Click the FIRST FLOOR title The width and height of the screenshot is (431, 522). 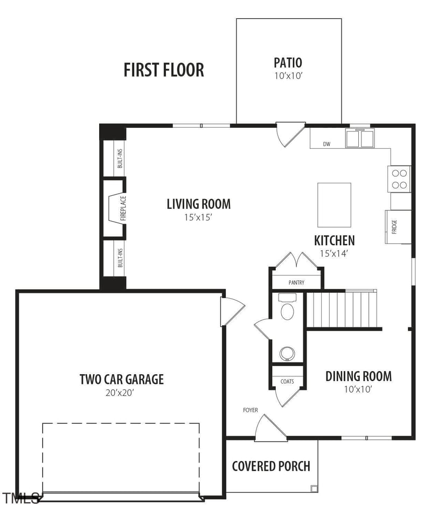(x=164, y=70)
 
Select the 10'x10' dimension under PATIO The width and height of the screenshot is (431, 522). (x=288, y=76)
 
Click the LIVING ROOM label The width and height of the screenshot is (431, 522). (x=198, y=204)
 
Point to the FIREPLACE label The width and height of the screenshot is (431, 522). (x=123, y=208)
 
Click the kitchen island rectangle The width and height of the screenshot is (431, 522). (x=334, y=205)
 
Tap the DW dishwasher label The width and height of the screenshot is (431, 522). (x=326, y=144)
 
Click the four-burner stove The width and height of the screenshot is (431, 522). (x=400, y=179)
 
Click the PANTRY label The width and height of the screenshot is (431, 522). (x=296, y=283)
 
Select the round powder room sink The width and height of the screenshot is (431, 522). (x=286, y=353)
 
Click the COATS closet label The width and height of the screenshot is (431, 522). (x=287, y=381)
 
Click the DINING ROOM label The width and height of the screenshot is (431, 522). (x=358, y=376)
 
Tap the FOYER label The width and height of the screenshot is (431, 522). (x=250, y=410)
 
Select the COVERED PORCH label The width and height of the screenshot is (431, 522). (x=271, y=466)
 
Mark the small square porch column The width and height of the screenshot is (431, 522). (x=314, y=489)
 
